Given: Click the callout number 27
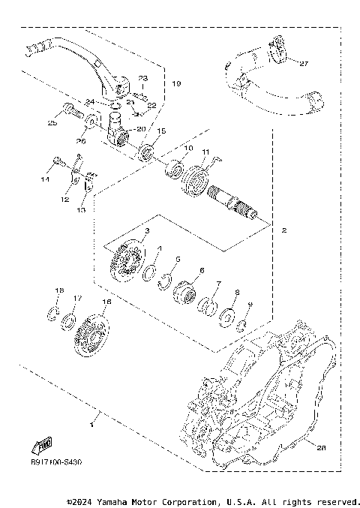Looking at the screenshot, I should point(304,64).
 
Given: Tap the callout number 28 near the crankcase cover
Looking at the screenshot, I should point(321,448).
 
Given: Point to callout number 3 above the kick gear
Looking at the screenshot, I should point(147,231).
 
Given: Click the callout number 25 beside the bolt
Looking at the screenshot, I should point(52,123).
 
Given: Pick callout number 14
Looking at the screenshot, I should point(45,180).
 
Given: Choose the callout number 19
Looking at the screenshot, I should point(176,83).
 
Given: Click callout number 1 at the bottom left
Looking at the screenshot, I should point(91,425).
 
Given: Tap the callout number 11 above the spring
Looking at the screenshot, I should point(205,152).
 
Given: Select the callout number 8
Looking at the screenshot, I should point(237,293).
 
